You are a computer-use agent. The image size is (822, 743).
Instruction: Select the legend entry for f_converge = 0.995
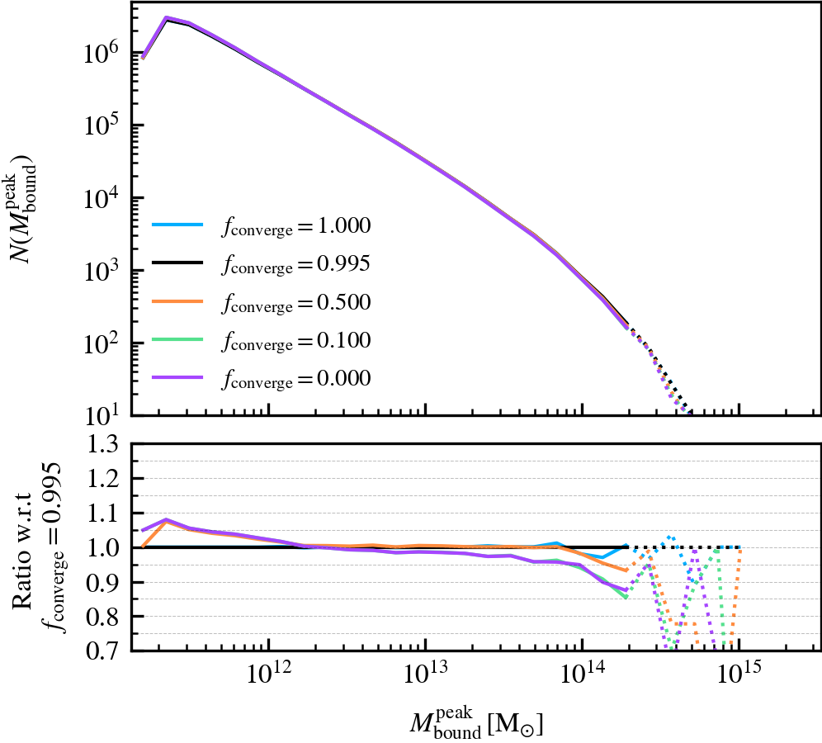[261, 264]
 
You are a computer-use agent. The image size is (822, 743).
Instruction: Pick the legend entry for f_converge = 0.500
[261, 302]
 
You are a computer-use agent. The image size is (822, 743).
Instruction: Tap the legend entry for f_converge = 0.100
[261, 340]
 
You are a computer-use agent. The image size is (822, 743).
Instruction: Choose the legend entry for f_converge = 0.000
[261, 378]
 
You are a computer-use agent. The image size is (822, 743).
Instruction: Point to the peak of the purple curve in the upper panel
[167, 17]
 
